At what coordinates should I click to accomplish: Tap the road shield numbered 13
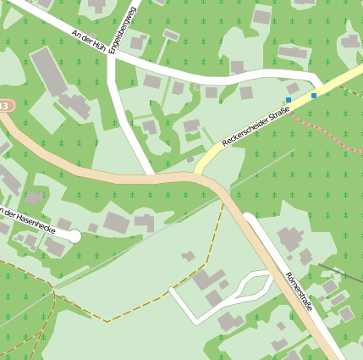pyautogui.click(x=4, y=106)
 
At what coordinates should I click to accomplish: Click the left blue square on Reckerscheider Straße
pyautogui.click(x=289, y=100)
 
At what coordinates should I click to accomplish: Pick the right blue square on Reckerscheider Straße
pyautogui.click(x=314, y=95)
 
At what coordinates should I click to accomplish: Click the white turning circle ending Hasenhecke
pyautogui.click(x=74, y=236)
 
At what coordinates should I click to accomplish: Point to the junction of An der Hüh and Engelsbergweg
pyautogui.click(x=111, y=53)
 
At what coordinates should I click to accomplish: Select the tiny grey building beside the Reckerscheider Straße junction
pyautogui.click(x=190, y=159)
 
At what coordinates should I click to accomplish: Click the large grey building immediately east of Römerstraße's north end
pyautogui.click(x=289, y=238)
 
